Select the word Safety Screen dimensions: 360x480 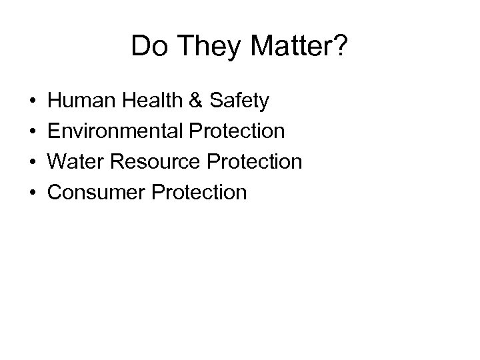point(239,101)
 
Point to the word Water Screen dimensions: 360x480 point(73,162)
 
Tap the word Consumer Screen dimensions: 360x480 point(93,193)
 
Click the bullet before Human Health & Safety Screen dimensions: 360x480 point(33,102)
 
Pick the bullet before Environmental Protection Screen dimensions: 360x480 point(33,132)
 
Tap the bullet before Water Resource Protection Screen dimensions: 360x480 point(33,163)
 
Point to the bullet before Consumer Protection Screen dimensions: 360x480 point(33,193)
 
